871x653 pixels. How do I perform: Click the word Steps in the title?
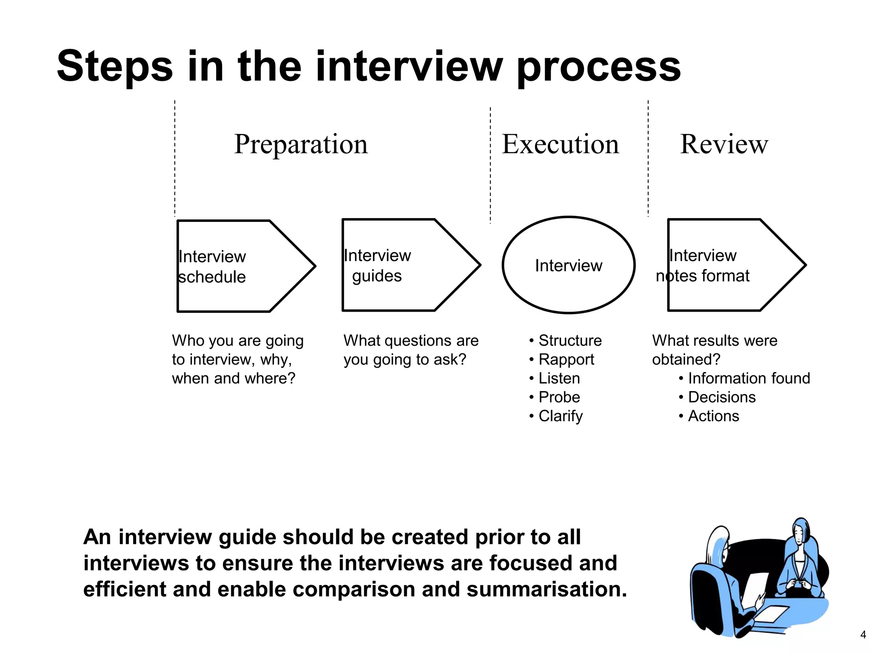coord(115,66)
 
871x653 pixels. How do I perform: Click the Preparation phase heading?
coord(301,144)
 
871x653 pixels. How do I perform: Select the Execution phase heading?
coord(560,144)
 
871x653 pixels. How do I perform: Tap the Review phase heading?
coord(724,144)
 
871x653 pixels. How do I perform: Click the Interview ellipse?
coord(569,265)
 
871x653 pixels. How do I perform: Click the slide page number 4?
coord(863,635)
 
